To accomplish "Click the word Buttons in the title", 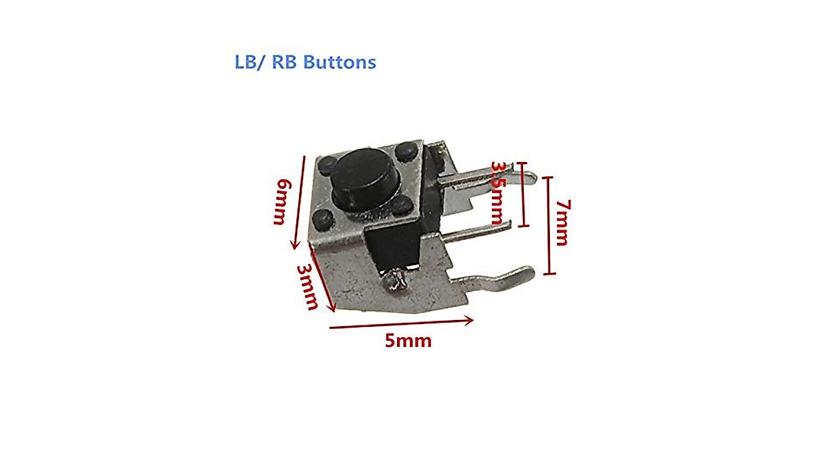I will pos(340,62).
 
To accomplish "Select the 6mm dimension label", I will pos(281,201).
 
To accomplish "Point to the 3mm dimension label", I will pos(307,286).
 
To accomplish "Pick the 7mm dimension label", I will pos(562,222).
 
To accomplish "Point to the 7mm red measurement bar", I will pos(549,225).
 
